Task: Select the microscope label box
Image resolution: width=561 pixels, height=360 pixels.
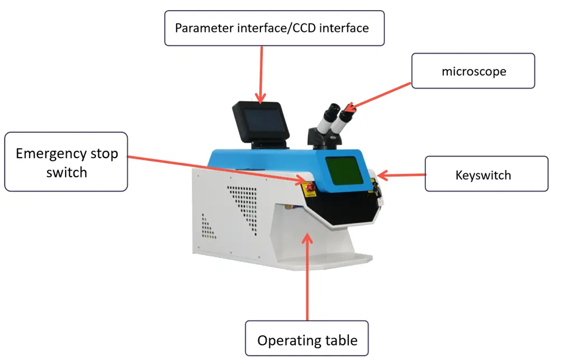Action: [473, 71]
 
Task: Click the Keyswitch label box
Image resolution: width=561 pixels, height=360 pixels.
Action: [486, 174]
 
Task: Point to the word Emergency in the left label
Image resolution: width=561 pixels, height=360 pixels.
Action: [51, 154]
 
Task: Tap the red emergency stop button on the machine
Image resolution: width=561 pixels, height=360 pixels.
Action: [310, 187]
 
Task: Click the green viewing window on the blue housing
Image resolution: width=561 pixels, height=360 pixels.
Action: [344, 170]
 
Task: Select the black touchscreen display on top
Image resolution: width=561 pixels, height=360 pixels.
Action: [261, 122]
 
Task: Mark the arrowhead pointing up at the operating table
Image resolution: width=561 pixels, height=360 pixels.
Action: [307, 238]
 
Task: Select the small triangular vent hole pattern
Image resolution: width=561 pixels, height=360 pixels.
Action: [208, 227]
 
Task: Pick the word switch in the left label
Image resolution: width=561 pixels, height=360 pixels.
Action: [67, 173]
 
